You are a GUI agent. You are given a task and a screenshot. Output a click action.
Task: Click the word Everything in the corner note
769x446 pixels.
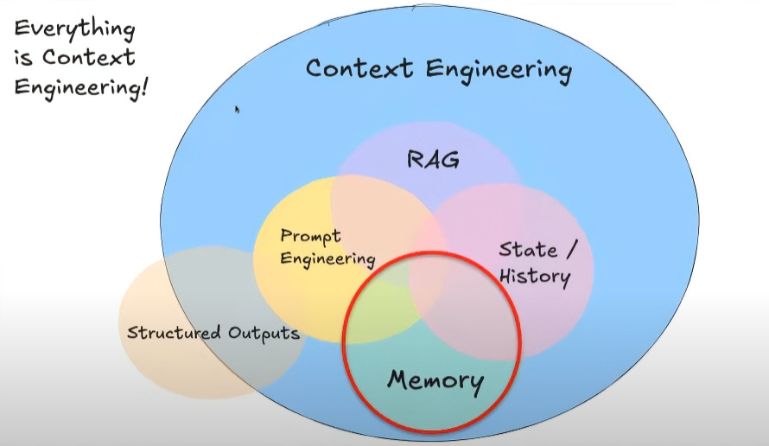coord(74,30)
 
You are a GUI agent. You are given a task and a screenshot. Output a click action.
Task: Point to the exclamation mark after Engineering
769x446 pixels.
coord(143,86)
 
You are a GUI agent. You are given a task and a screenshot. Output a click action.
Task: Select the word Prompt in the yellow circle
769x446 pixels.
coord(311,236)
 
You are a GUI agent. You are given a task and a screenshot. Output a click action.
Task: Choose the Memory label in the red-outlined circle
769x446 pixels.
coord(435,379)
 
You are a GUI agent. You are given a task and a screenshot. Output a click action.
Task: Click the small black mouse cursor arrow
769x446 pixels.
coord(237,110)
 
